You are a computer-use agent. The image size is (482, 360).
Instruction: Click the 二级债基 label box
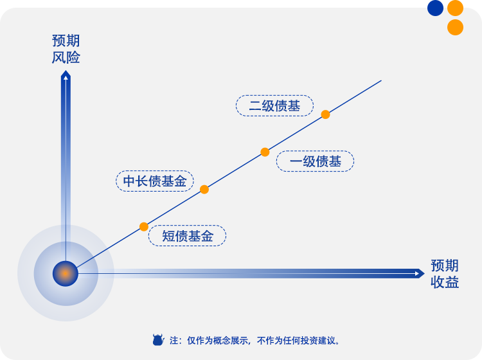click(x=274, y=106)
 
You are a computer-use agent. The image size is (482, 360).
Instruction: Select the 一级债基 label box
click(x=315, y=161)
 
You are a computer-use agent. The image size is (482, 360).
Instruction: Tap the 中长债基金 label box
click(x=154, y=181)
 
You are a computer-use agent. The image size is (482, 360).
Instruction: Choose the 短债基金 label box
click(x=187, y=236)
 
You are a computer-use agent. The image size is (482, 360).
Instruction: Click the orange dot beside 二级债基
click(x=326, y=114)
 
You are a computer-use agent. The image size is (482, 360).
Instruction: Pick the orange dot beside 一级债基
click(x=265, y=152)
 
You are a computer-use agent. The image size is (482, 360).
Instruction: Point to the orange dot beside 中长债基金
click(x=204, y=189)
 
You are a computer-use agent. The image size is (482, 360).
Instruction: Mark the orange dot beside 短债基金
click(x=144, y=226)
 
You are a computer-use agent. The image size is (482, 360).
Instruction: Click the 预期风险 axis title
click(x=66, y=50)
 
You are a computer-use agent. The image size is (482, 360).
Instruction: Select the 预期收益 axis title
click(x=445, y=274)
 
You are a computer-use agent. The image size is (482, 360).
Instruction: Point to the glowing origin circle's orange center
click(x=65, y=273)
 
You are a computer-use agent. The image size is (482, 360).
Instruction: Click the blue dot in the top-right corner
click(x=436, y=8)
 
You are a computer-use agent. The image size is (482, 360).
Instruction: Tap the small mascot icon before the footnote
click(x=158, y=340)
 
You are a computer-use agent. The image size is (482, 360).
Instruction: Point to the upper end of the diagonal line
click(x=381, y=80)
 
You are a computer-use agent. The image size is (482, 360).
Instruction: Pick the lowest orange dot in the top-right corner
click(x=455, y=27)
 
